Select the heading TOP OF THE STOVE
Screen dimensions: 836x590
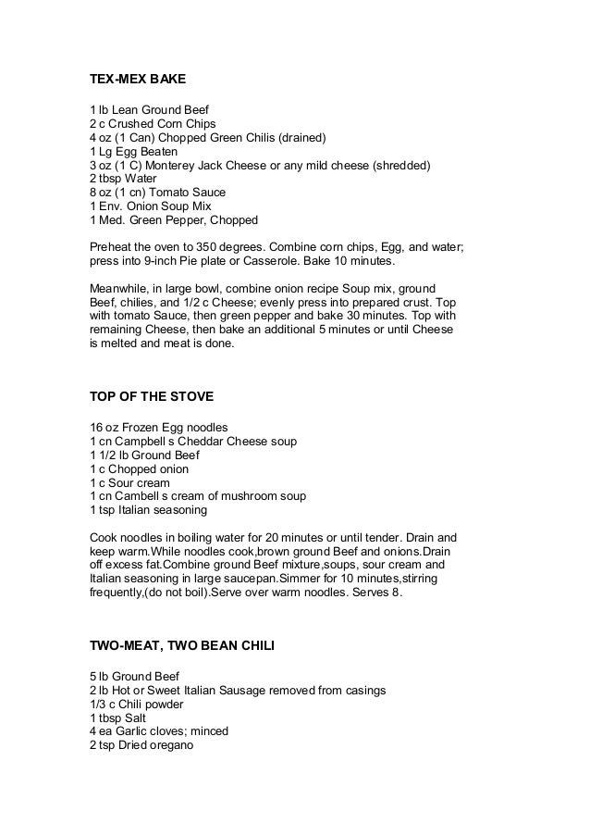151,397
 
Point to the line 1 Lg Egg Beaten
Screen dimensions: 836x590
134,152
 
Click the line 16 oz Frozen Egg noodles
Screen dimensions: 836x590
158,428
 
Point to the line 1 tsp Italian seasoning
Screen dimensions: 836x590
148,510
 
